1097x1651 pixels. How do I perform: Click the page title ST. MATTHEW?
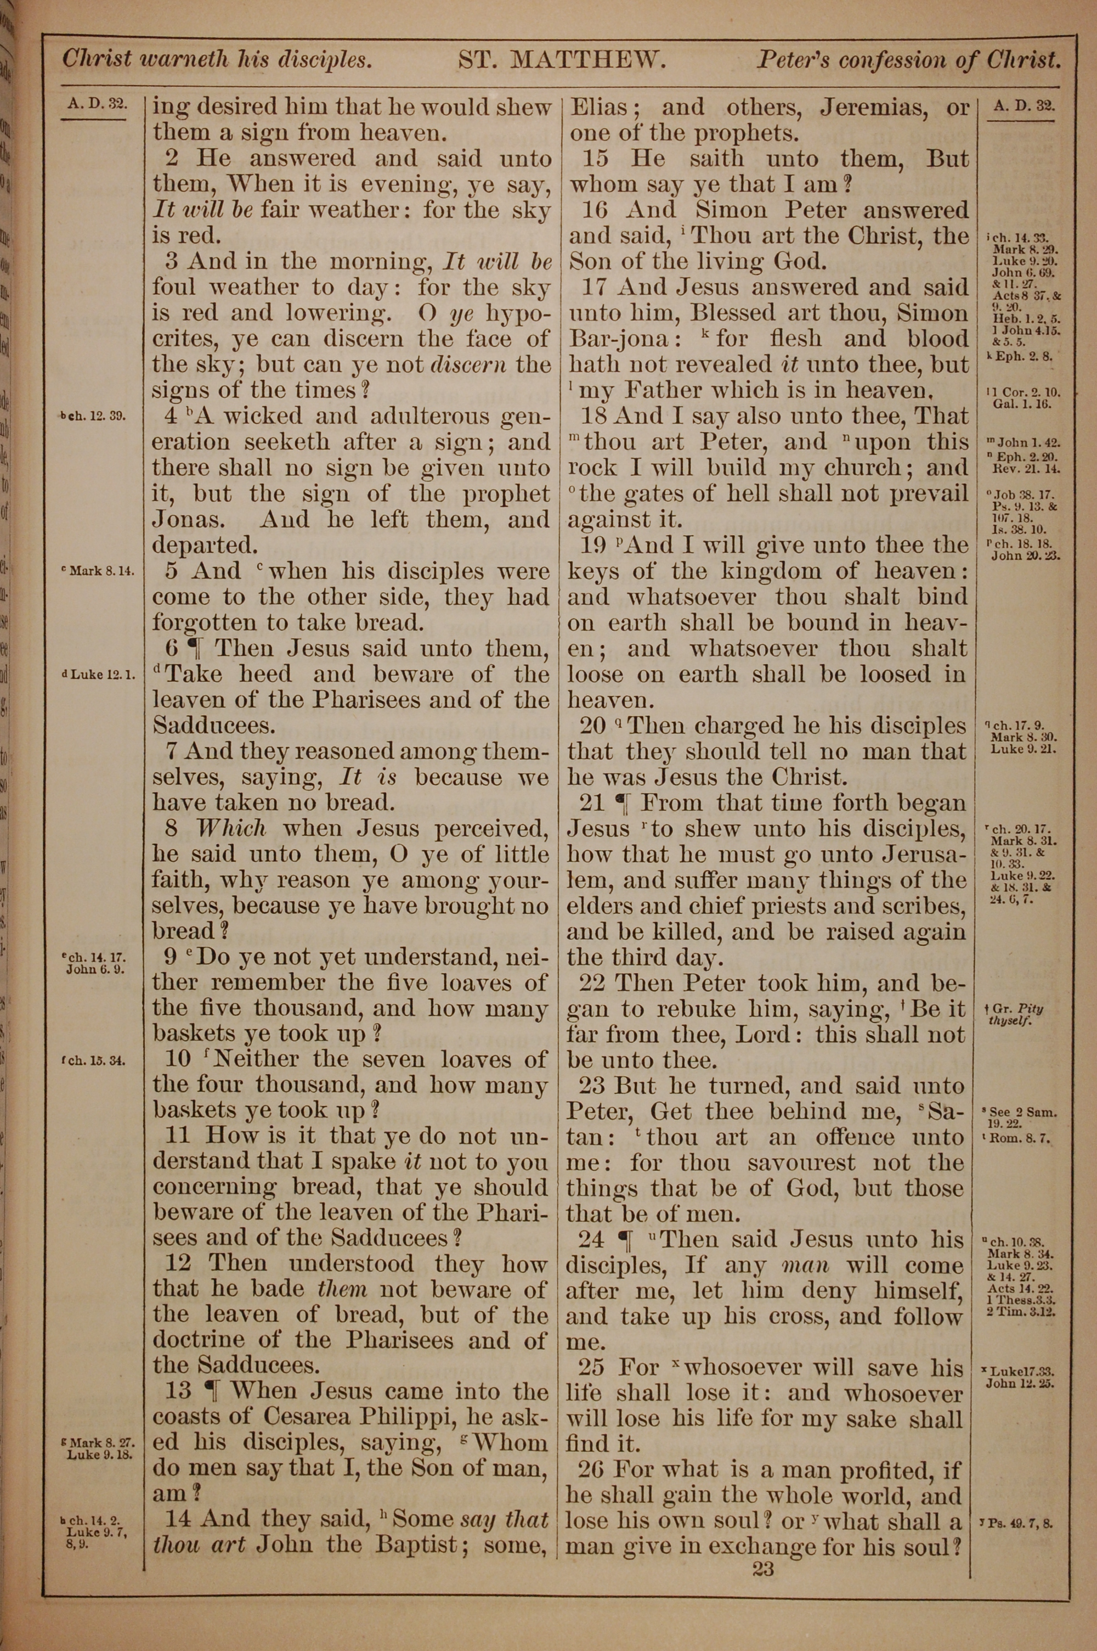(x=561, y=60)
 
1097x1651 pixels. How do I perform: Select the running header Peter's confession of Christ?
(x=907, y=61)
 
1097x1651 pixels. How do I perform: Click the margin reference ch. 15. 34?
(x=94, y=1060)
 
